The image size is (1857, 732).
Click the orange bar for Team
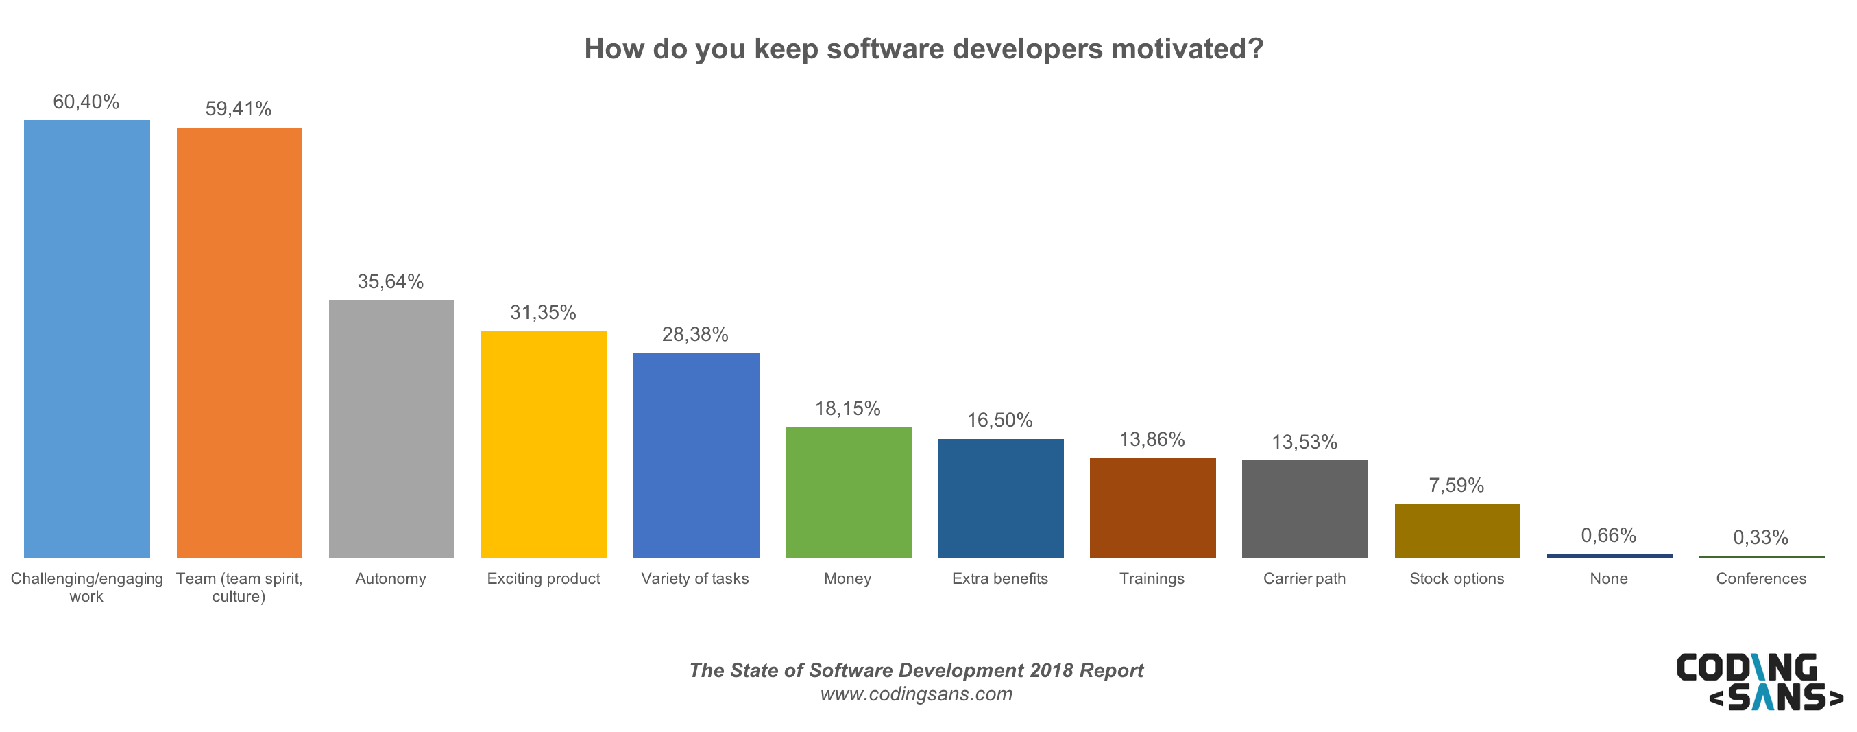[239, 342]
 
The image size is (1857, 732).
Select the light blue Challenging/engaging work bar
[86, 339]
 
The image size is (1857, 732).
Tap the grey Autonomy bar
[391, 428]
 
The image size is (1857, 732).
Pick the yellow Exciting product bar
[544, 445]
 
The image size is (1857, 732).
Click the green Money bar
[848, 492]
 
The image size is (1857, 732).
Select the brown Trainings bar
[1152, 508]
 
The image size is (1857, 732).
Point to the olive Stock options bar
[1457, 530]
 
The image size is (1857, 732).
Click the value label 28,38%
[695, 335]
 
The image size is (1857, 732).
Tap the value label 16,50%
[999, 421]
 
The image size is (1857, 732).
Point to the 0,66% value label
[1608, 535]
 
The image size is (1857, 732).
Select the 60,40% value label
[86, 102]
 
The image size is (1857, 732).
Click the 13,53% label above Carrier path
[1304, 442]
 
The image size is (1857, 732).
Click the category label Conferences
[1760, 578]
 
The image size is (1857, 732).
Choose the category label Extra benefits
[999, 578]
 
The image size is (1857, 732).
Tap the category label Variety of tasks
[695, 578]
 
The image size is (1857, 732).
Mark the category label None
[1608, 578]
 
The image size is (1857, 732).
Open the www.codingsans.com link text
[917, 694]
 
